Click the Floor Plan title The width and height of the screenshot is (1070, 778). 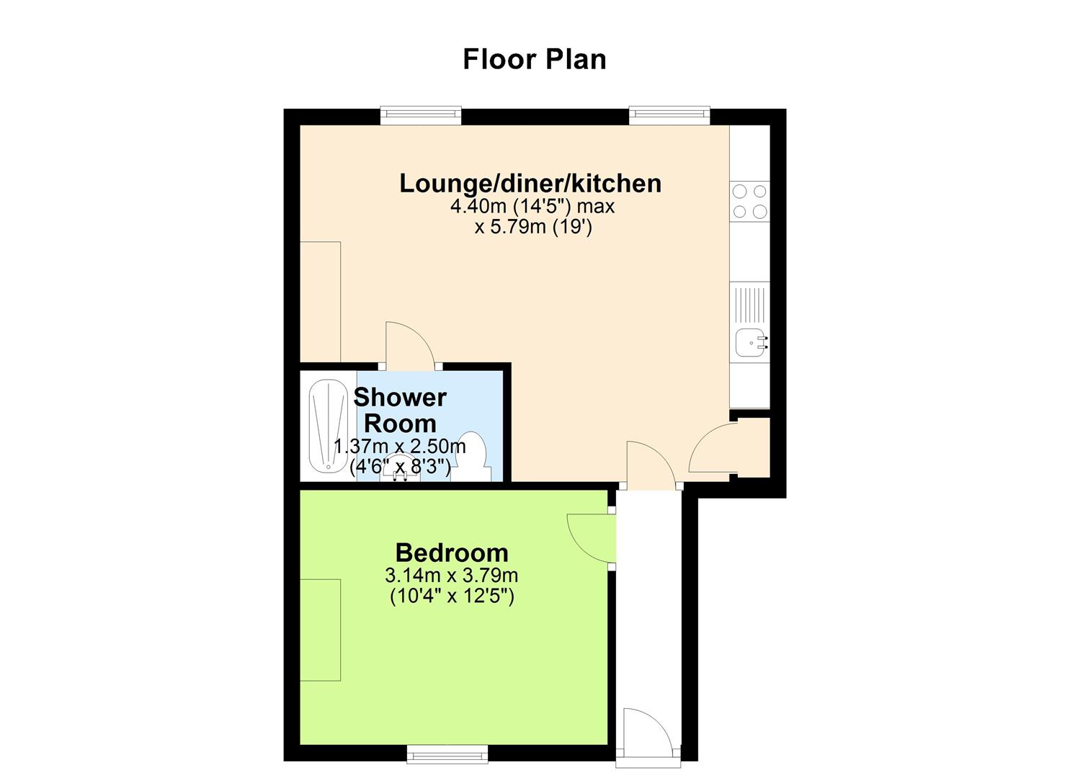pyautogui.click(x=535, y=59)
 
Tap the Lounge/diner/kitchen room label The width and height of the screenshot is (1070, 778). pyautogui.click(x=530, y=184)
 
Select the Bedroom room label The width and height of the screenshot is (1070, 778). pyautogui.click(x=452, y=553)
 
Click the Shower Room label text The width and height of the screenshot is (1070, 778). pyautogui.click(x=400, y=411)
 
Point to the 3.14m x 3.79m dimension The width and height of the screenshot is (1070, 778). pyautogui.click(x=452, y=576)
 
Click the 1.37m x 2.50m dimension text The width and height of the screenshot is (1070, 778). pyautogui.click(x=400, y=447)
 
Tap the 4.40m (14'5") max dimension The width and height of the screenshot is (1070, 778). pyautogui.click(x=532, y=207)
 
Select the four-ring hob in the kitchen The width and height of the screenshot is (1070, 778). pyautogui.click(x=749, y=201)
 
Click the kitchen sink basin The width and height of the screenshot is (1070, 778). pyautogui.click(x=751, y=343)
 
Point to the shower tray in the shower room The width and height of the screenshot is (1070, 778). pyautogui.click(x=328, y=426)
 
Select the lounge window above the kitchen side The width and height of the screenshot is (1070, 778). pyautogui.click(x=669, y=116)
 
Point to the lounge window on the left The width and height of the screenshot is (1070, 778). pyautogui.click(x=421, y=116)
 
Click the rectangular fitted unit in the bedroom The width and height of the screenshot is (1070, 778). pyautogui.click(x=320, y=630)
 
